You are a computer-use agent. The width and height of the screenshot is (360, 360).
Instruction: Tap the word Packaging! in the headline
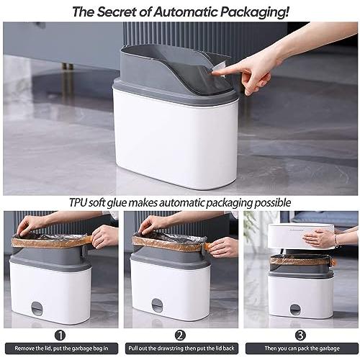point(255,12)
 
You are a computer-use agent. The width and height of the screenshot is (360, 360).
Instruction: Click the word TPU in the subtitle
point(78,203)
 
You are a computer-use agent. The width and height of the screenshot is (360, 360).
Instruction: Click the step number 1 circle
point(60,336)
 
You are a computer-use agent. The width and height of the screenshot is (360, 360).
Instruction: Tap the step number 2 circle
point(180,336)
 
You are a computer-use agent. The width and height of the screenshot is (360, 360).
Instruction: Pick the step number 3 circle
point(301,336)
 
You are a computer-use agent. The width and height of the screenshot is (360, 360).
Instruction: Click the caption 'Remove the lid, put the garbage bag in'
point(61,348)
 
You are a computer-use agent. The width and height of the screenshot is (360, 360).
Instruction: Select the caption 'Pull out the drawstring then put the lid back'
point(181,348)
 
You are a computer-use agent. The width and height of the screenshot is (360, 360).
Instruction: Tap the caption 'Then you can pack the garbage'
point(302,348)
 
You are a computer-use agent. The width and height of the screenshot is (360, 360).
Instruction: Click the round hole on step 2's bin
point(157,305)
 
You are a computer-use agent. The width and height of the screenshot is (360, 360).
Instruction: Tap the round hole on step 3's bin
point(295,310)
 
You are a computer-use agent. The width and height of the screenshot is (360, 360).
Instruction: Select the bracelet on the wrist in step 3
point(337,241)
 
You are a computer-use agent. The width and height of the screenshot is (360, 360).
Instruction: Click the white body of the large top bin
point(175,139)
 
